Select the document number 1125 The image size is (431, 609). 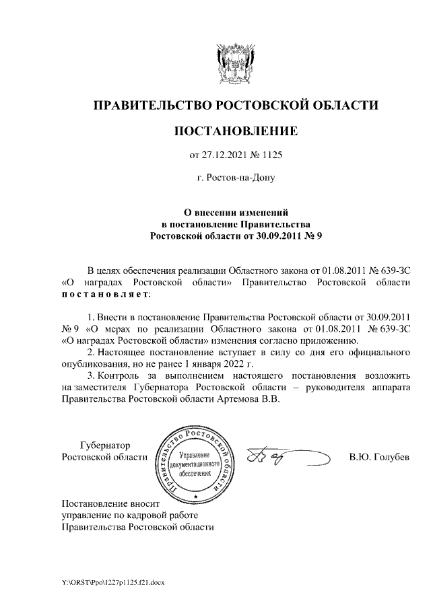click(269, 156)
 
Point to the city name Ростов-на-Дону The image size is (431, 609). click(236, 179)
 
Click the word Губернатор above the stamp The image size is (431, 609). click(105, 445)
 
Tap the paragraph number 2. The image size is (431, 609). click(91, 352)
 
